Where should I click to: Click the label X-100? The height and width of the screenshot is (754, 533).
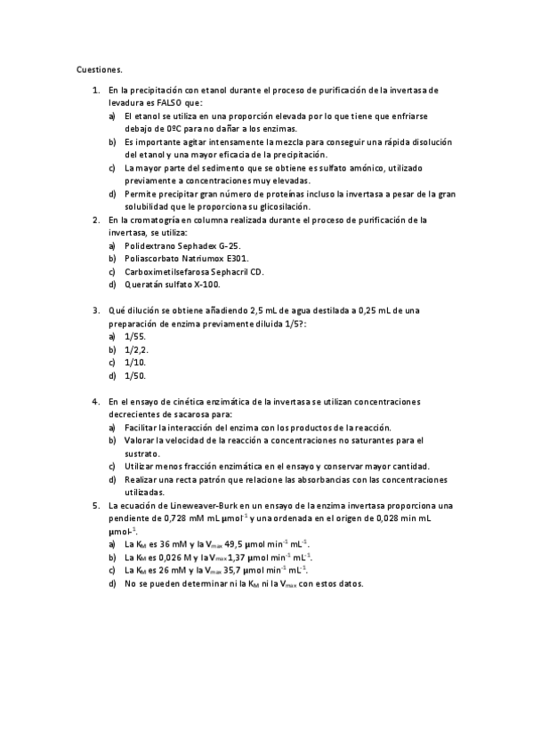pyautogui.click(x=204, y=285)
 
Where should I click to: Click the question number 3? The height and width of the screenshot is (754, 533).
pyautogui.click(x=95, y=310)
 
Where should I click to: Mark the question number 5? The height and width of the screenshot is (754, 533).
pyautogui.click(x=95, y=505)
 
